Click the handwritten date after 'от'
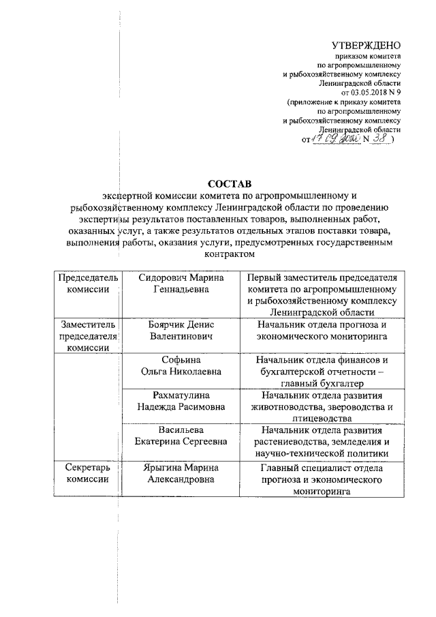tap(332, 138)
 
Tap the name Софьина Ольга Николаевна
tap(181, 366)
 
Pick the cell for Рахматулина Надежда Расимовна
tap(181, 402)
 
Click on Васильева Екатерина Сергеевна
tap(181, 437)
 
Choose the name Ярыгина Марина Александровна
tap(181, 474)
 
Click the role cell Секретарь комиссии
tap(87, 474)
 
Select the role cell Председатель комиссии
tap(87, 284)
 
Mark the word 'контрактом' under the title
tap(229, 254)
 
